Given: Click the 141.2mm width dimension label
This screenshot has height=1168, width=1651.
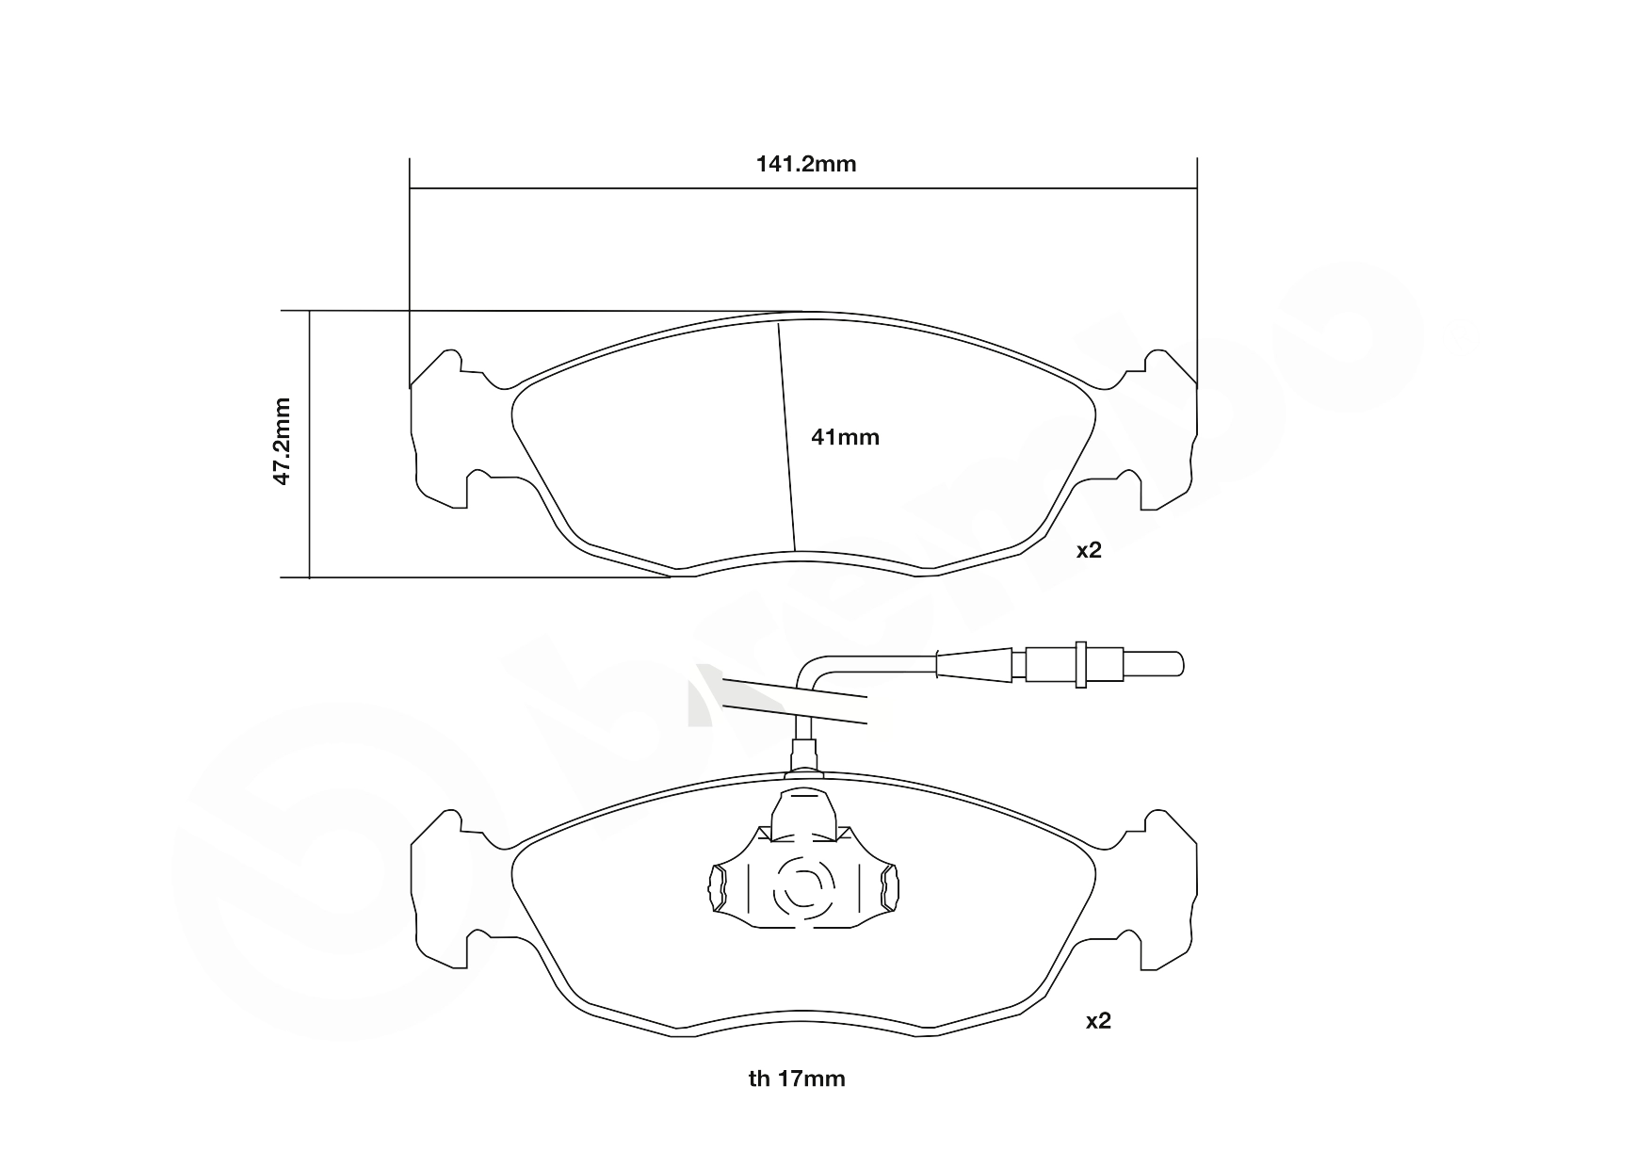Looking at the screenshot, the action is (x=806, y=165).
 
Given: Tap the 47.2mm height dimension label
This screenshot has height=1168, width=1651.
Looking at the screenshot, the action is (x=282, y=441).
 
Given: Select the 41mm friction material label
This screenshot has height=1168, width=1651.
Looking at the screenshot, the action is (x=845, y=437).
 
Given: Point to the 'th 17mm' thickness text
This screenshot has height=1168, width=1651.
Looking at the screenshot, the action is (x=797, y=1079).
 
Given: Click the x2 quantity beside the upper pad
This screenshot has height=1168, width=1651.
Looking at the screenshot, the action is (x=1089, y=550).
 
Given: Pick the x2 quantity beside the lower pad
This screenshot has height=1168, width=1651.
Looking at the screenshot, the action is (x=1098, y=1020).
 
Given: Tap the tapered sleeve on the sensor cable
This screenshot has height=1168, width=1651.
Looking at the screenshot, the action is (x=975, y=663).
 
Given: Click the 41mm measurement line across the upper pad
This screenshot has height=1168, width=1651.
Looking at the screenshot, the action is (x=786, y=437).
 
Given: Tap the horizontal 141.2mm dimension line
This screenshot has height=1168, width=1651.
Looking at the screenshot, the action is (x=803, y=187).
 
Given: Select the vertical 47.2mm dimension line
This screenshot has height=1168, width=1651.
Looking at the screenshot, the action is (x=309, y=444).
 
